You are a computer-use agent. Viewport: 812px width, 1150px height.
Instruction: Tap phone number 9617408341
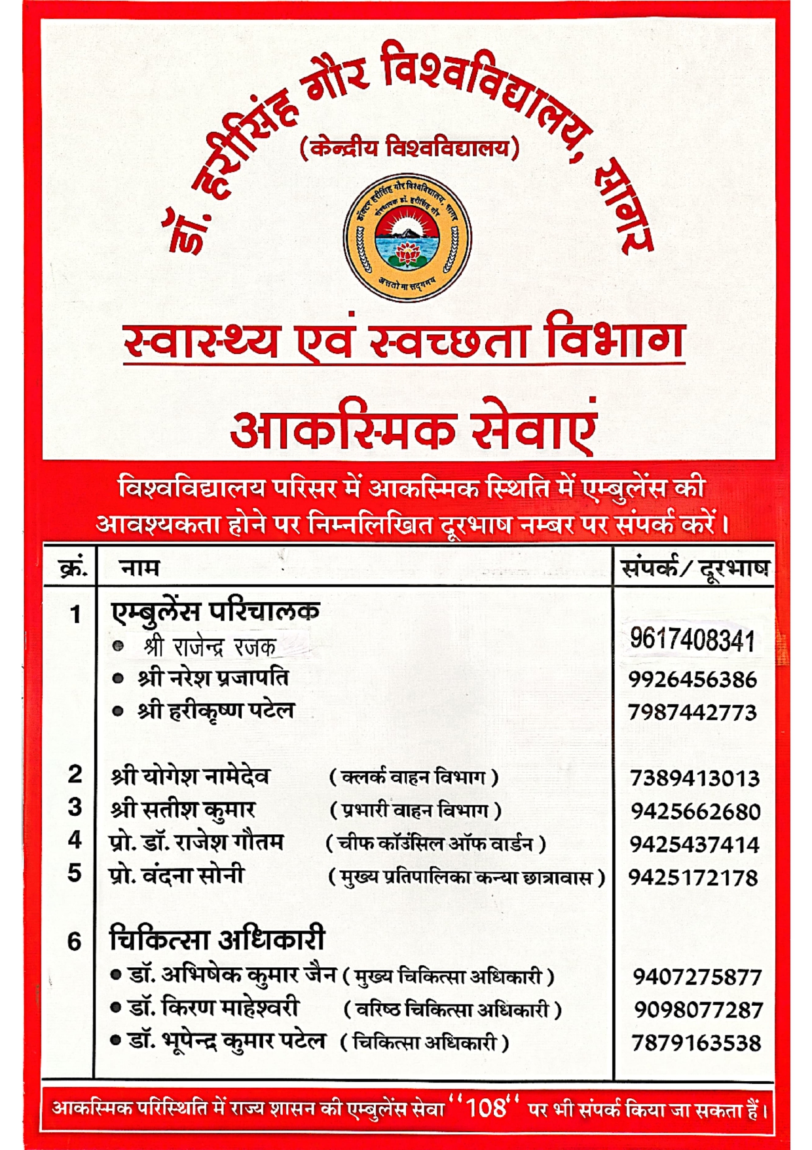692,640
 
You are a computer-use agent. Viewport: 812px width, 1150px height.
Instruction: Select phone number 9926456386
692,680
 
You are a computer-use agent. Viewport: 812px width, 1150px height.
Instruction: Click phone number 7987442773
692,712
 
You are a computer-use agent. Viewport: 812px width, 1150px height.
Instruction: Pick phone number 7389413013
694,778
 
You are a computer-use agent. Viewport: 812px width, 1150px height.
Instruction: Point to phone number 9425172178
693,877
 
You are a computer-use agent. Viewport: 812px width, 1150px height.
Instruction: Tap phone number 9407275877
697,977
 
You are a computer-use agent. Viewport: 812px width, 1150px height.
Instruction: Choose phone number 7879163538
696,1043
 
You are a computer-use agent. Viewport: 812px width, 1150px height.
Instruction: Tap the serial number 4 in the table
75,840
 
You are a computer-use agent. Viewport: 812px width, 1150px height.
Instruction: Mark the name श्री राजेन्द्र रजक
210,647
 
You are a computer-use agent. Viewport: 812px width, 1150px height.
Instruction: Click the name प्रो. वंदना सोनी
177,875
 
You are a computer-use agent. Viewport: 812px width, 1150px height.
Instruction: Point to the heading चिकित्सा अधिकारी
217,940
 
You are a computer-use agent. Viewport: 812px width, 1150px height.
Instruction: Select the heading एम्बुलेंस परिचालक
215,611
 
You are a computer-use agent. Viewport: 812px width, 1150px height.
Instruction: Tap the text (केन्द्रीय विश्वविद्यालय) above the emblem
409,148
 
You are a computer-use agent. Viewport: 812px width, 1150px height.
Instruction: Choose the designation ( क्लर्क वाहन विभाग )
413,778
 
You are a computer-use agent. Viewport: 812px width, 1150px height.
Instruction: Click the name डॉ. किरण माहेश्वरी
213,1008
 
